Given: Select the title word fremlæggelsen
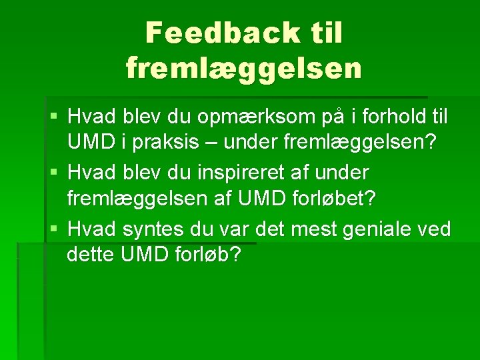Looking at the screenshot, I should coord(244,67).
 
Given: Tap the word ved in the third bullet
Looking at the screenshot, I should coord(435,229).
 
